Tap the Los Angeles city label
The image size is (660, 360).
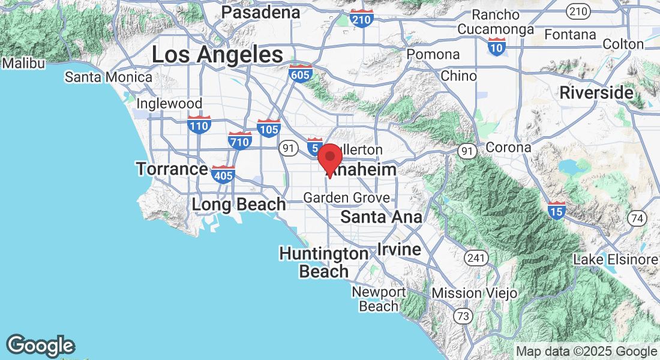pyautogui.click(x=217, y=55)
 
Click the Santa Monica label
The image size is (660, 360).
pyautogui.click(x=109, y=77)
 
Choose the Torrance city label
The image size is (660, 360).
pyautogui.click(x=172, y=169)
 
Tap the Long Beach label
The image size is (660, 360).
pyautogui.click(x=239, y=205)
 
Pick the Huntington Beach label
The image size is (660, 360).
pyautogui.click(x=324, y=262)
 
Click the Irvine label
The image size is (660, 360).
pyautogui.click(x=399, y=249)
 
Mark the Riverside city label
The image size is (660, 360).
pyautogui.click(x=596, y=93)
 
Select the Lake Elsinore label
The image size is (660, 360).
pyautogui.click(x=616, y=260)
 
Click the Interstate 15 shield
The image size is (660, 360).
pyautogui.click(x=556, y=211)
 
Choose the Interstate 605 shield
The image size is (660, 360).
pyautogui.click(x=300, y=74)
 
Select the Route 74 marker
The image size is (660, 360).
pyautogui.click(x=637, y=217)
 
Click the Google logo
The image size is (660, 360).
pyautogui.click(x=40, y=346)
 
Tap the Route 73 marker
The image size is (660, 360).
pyautogui.click(x=463, y=316)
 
